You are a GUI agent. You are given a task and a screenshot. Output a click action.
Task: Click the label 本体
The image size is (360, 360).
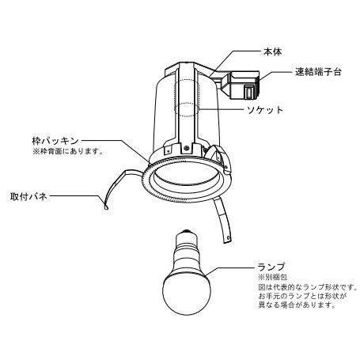click(x=272, y=52)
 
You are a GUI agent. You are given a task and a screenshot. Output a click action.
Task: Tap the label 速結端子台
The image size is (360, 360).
click(x=318, y=72)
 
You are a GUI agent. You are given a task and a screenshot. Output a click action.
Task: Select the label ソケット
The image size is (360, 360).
click(x=265, y=110)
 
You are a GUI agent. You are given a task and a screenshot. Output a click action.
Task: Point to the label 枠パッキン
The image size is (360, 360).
click(x=55, y=141)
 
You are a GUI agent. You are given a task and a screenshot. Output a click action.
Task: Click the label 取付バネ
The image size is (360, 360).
click(x=28, y=196)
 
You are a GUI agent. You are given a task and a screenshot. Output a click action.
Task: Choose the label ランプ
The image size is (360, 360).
click(x=271, y=267)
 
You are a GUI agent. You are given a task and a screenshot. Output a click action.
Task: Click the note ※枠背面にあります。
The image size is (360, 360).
click(x=67, y=152)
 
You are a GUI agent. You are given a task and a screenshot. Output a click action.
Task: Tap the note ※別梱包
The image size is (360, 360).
click(x=272, y=277)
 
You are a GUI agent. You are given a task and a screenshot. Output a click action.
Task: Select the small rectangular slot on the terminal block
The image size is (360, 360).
click(x=248, y=93)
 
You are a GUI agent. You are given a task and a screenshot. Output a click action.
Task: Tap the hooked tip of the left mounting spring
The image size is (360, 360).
click(x=106, y=207)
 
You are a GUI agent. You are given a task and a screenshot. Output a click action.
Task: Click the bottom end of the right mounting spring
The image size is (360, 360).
click(x=227, y=240)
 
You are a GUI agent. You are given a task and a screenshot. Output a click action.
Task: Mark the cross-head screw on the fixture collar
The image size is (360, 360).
click(x=187, y=149)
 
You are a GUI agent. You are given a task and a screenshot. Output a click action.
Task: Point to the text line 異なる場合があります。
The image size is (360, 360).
click(x=297, y=305)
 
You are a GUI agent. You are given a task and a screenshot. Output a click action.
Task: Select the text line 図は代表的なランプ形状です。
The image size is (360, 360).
click(x=308, y=286)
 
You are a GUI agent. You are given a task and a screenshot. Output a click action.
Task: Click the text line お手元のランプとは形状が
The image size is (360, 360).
click(x=302, y=296)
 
